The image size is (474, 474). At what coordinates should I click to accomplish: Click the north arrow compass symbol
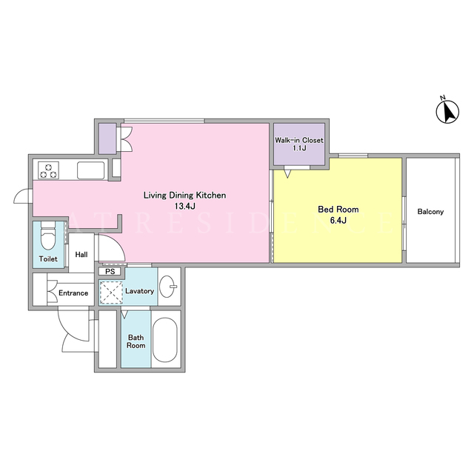[x=447, y=110]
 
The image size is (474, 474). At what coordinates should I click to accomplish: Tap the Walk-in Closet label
[x=299, y=140]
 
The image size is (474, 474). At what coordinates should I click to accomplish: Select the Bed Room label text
[x=338, y=209]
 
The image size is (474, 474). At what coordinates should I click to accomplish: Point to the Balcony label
[x=430, y=212]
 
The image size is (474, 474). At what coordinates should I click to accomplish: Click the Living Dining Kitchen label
[x=184, y=196]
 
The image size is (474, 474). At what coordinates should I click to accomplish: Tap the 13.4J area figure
[x=184, y=207]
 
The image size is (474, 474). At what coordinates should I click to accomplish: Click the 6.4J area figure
[x=338, y=221]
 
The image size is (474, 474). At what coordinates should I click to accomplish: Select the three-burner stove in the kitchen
[x=48, y=170]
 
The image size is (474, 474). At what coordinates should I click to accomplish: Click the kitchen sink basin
[x=90, y=170]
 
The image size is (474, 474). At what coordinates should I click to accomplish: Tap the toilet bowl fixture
[x=48, y=236]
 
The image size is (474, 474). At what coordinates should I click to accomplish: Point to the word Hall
[x=81, y=255]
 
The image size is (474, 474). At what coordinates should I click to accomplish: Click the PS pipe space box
[x=110, y=272]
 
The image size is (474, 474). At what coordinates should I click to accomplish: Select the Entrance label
[x=73, y=293]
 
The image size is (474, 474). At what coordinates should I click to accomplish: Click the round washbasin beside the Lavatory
[x=167, y=287]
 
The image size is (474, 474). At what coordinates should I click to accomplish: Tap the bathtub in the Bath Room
[x=164, y=339]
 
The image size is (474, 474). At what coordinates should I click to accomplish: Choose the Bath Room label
[x=136, y=341]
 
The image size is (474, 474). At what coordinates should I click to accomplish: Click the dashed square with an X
[x=111, y=293]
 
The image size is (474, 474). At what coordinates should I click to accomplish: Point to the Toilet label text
[x=48, y=258]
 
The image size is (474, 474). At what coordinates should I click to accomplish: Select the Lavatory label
[x=140, y=291]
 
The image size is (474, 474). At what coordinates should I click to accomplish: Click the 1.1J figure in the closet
[x=299, y=148]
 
